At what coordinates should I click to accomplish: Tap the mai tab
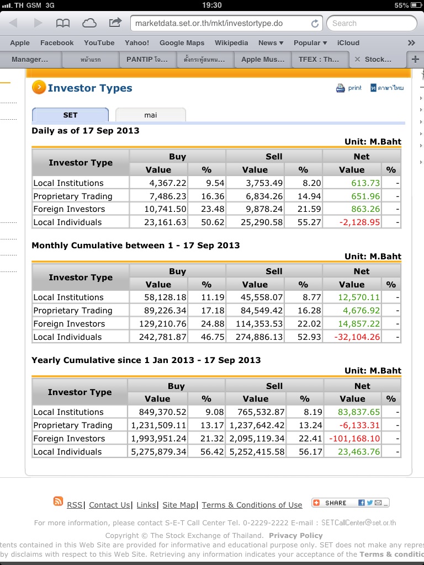tap(150, 115)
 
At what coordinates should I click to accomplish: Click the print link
tap(349, 88)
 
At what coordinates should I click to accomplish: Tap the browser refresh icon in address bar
tap(315, 23)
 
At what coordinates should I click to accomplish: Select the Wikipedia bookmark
tap(231, 42)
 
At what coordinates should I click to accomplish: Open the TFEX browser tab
tap(319, 59)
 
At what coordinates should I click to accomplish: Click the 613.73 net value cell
tap(366, 183)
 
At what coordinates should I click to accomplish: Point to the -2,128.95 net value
tap(362, 222)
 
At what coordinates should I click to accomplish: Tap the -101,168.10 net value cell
tap(355, 439)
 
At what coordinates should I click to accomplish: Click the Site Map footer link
tap(179, 505)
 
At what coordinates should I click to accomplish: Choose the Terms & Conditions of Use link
tap(252, 505)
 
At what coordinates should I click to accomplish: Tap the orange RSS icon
tap(58, 501)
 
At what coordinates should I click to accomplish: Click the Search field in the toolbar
tap(371, 23)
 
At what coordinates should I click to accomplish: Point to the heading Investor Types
tap(90, 88)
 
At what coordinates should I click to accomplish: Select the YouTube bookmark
tap(99, 42)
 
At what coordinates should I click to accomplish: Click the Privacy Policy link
tap(295, 535)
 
